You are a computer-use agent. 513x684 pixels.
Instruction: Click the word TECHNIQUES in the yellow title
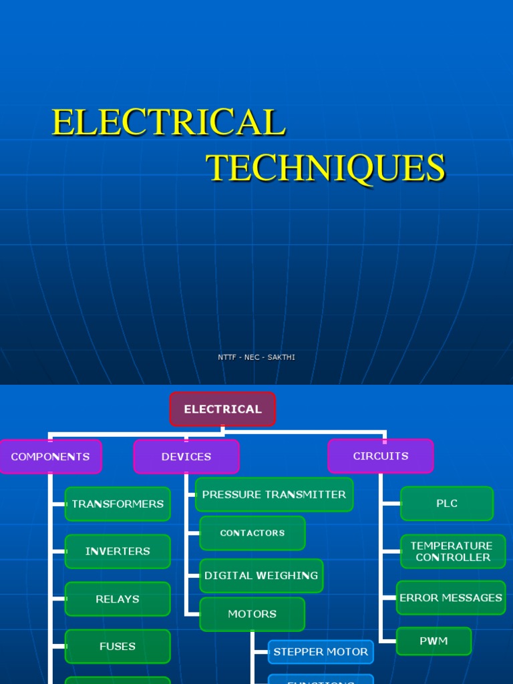coord(325,168)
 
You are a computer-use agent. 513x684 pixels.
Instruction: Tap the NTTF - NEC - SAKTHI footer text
coord(256,357)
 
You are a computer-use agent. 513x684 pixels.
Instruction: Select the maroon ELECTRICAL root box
coord(222,409)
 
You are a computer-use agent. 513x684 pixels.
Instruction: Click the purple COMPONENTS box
coord(50,457)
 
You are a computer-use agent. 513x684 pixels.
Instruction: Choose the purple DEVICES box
coord(186,457)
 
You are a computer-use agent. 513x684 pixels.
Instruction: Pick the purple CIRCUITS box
coord(381,456)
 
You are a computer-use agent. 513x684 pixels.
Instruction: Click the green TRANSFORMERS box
coord(118,504)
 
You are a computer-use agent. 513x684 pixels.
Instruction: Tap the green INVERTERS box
coord(118,552)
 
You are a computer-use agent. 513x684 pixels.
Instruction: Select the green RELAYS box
coord(118,599)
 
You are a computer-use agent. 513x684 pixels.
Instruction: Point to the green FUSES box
coord(118,647)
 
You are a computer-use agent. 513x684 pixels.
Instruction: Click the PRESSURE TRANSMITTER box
coord(274,495)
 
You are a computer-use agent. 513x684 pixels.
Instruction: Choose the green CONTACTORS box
coord(252,533)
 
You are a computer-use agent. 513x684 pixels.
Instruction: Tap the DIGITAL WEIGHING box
coord(261,576)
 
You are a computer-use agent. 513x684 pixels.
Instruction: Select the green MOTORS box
coord(252,615)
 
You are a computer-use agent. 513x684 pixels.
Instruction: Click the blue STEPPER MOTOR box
coord(321,652)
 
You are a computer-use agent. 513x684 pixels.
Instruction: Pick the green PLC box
coord(447,504)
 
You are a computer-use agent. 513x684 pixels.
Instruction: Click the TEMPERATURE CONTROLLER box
coord(452,552)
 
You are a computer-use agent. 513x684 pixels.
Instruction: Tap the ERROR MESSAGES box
coord(451,598)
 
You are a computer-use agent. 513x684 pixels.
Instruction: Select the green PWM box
coord(434,641)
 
